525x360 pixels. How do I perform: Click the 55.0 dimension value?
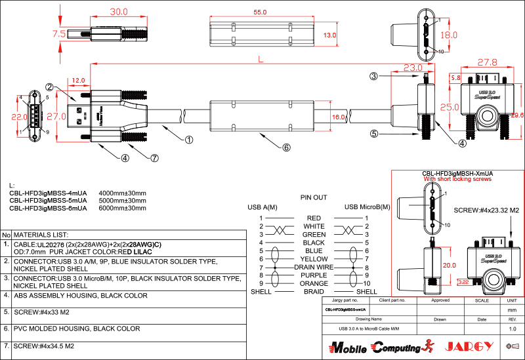(x=260, y=12)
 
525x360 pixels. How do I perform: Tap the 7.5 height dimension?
(x=58, y=33)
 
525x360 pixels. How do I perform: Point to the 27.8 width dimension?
(x=487, y=63)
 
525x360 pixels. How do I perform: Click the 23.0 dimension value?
(x=413, y=68)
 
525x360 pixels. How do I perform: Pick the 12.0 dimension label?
(x=79, y=80)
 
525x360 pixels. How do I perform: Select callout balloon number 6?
(x=286, y=148)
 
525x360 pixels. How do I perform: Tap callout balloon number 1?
(x=189, y=139)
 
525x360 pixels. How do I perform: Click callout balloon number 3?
(x=373, y=77)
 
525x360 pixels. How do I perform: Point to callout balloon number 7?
(x=155, y=158)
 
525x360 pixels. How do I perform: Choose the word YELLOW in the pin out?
(x=314, y=259)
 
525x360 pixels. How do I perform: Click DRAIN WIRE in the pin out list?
(x=314, y=268)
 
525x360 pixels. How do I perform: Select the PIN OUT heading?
(x=314, y=197)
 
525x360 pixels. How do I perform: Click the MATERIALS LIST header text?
(x=41, y=235)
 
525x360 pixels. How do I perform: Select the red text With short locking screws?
(x=457, y=178)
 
